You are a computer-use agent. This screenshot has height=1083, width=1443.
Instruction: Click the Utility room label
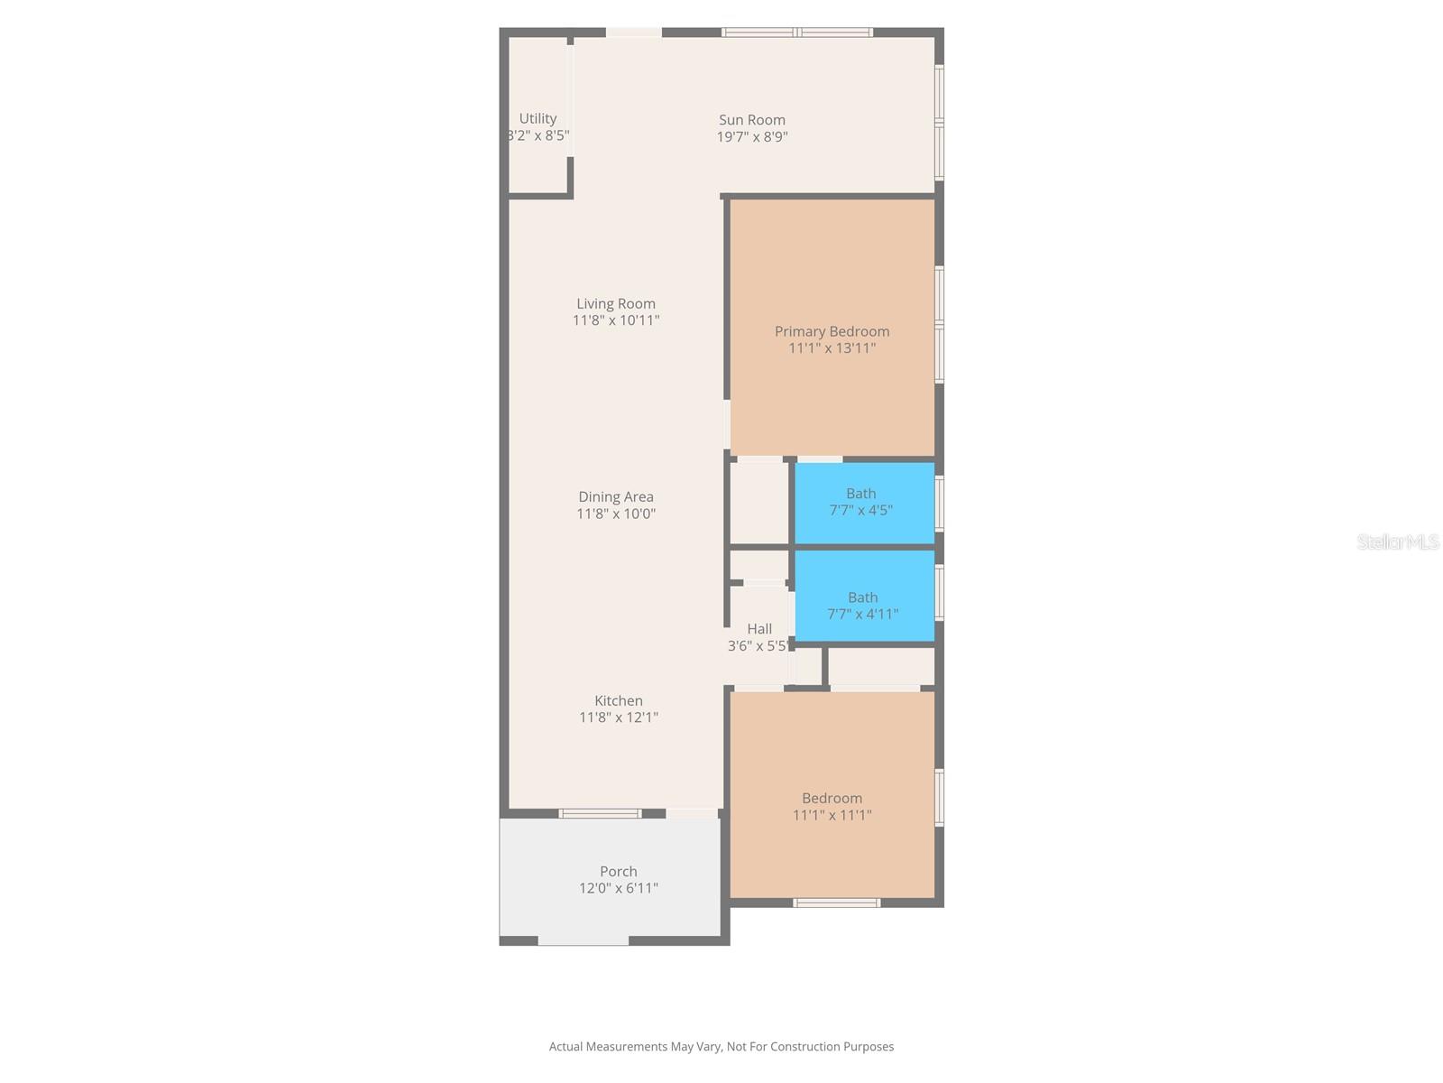[538, 118]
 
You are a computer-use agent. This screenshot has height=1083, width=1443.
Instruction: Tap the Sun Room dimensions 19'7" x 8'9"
[752, 137]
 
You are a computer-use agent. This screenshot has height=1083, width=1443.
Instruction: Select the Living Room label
[616, 303]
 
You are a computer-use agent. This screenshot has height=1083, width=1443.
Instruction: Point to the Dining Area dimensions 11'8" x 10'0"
[616, 514]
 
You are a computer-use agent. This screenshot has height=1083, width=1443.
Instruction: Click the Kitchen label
[619, 700]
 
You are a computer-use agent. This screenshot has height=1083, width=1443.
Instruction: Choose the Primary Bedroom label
[832, 331]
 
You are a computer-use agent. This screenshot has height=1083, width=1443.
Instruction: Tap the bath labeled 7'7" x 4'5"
[860, 502]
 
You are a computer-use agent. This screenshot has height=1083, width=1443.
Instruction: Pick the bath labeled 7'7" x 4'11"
[862, 606]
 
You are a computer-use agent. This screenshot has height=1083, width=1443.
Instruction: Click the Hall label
[759, 628]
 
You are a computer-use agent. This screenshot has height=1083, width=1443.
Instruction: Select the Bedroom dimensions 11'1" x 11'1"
[832, 815]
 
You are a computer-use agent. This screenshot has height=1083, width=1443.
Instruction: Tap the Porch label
[619, 871]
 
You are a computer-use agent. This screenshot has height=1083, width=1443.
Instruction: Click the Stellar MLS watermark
[1397, 541]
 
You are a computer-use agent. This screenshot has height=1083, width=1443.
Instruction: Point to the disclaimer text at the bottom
[721, 1047]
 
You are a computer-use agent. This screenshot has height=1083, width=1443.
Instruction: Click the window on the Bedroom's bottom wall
[836, 902]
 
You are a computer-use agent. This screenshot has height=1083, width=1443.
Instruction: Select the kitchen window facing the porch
[600, 813]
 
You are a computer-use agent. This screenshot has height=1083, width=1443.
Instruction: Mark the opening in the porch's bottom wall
[584, 940]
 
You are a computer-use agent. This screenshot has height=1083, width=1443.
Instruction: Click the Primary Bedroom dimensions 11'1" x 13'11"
[832, 348]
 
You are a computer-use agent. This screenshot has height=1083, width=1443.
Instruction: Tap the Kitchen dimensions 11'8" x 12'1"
[619, 717]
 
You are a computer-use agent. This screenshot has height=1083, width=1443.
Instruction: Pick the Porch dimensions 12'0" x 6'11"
[619, 888]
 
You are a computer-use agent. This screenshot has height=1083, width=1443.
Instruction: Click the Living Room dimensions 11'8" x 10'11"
[616, 320]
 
